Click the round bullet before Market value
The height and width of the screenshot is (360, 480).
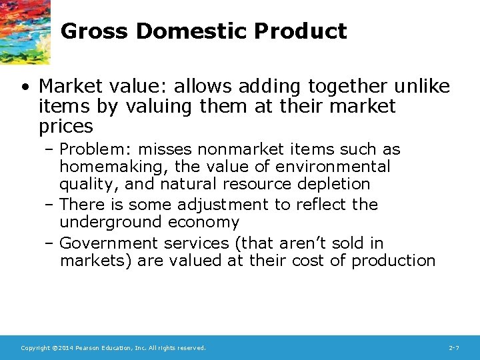tap(25, 87)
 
